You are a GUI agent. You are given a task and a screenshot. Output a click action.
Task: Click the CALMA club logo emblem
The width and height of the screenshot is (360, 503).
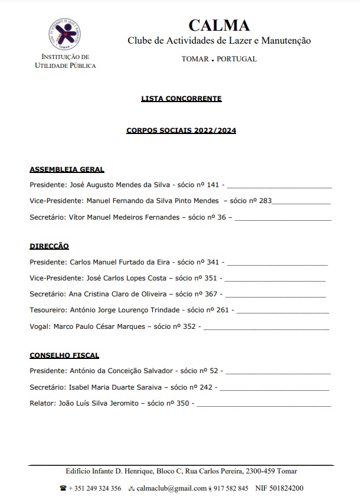pyautogui.click(x=65, y=34)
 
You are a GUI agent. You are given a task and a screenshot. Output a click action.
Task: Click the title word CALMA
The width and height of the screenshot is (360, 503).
pyautogui.click(x=219, y=25)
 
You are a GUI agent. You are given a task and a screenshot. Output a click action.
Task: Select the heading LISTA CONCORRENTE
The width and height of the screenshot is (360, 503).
pyautogui.click(x=181, y=99)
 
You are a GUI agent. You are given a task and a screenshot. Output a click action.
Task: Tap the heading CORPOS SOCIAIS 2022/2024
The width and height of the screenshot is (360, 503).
pyautogui.click(x=181, y=130)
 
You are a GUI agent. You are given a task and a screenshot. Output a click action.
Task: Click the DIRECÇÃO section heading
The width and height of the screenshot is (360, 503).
pyautogui.click(x=49, y=246)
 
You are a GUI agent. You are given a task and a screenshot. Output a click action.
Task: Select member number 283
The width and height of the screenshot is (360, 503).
pyautogui.click(x=265, y=201)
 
